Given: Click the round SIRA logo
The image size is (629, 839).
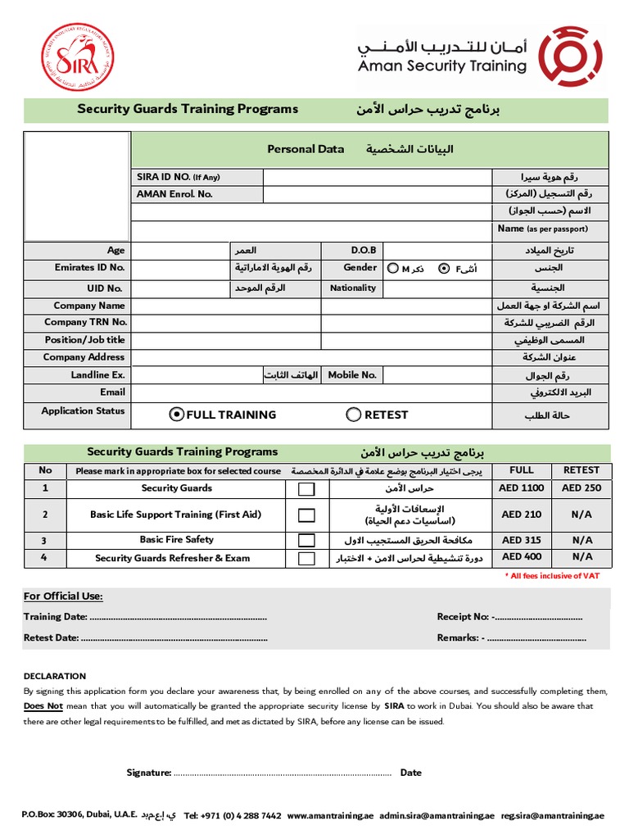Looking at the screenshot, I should (77, 57).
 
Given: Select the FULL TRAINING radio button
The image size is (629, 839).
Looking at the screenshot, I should (176, 415).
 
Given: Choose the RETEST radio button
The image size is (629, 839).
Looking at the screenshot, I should (354, 415).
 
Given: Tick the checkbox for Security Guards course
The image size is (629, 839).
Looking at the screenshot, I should (306, 489).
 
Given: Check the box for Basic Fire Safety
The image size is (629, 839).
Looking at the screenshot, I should (306, 541).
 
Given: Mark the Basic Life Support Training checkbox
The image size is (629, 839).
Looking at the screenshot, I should (306, 515).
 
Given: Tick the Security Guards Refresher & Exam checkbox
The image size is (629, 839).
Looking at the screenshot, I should (306, 559).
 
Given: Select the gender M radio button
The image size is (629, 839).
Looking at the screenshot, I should (393, 268).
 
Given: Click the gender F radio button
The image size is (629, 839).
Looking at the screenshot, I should (444, 268).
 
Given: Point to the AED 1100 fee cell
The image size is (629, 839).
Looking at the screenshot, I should (522, 488).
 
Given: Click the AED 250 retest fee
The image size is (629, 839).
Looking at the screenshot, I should (581, 488).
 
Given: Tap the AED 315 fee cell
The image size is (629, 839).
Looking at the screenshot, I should (522, 541).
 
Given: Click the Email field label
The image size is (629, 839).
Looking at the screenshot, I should (112, 392).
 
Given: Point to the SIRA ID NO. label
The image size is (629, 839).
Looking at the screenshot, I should (178, 177).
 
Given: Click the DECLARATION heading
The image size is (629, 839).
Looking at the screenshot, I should (54, 676).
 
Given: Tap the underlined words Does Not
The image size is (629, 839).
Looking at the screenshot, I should (43, 705).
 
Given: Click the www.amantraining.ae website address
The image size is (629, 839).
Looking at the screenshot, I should (330, 816).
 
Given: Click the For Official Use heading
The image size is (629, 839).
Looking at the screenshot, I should (63, 596).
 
